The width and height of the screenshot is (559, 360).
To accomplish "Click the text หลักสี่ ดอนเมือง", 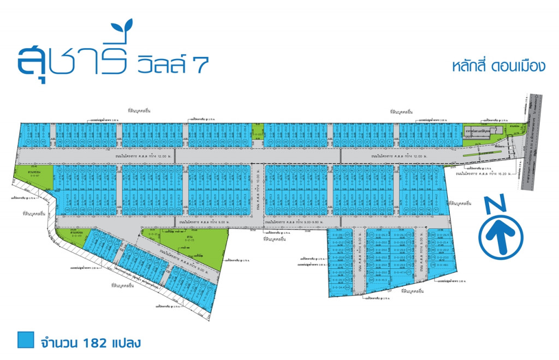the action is tap(499, 66).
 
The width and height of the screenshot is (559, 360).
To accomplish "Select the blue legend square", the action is tap(25, 340).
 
